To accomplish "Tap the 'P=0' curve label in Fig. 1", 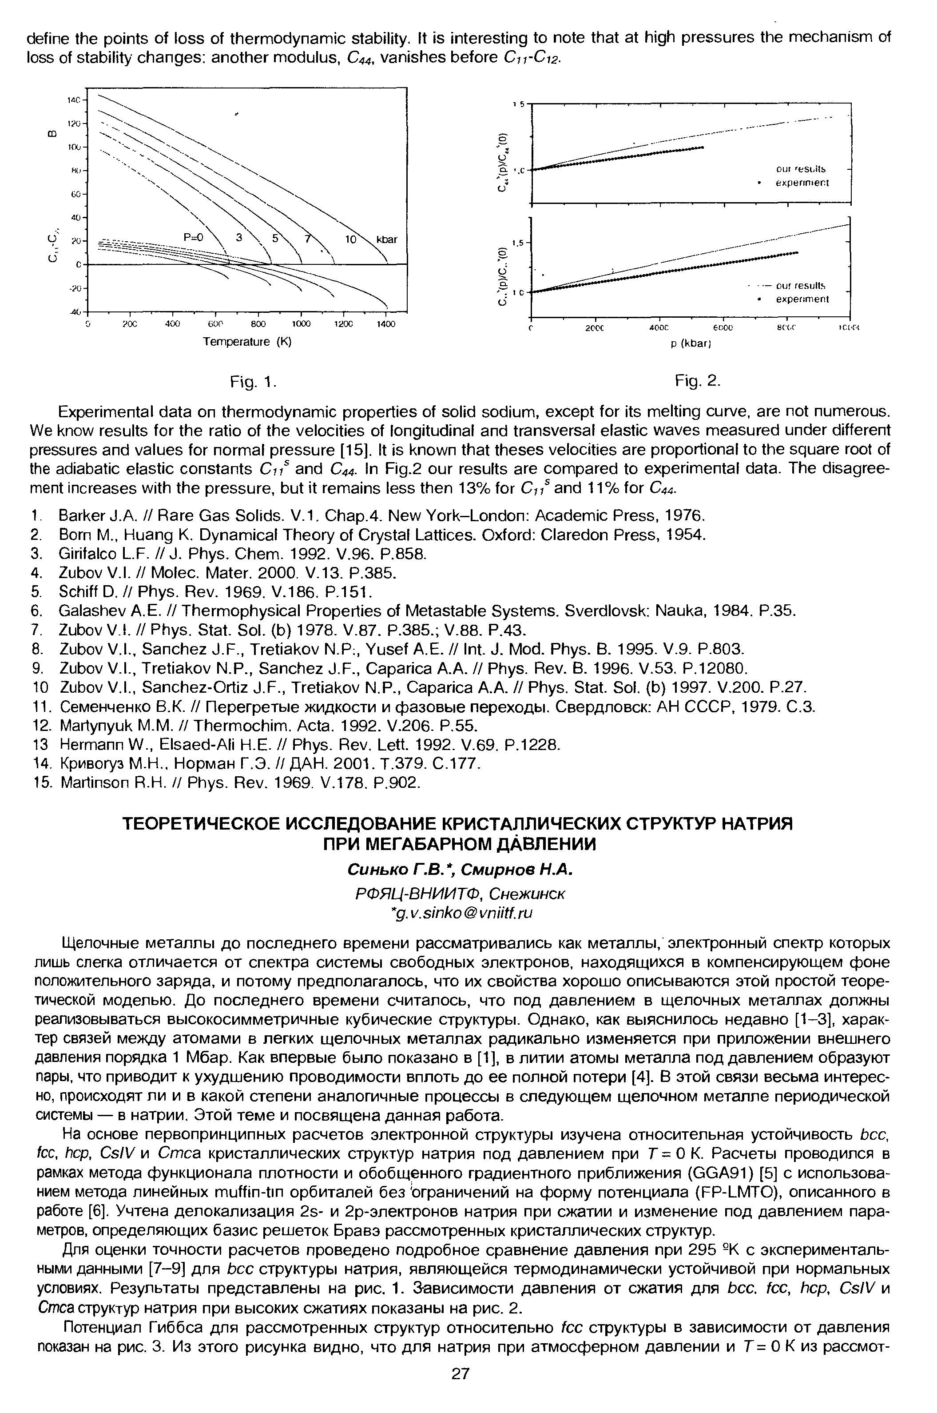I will point(194,237).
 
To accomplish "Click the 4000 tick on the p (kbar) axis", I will point(658,327).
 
